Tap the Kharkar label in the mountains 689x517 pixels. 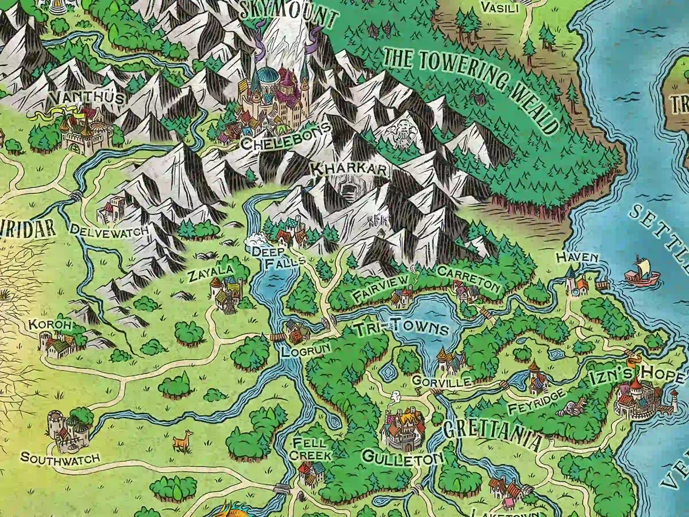pos(349,170)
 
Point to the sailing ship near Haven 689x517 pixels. pos(642,274)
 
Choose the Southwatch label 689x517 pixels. pos(60,458)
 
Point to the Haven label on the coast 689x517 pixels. pos(577,257)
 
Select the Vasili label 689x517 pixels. pos(500,8)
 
